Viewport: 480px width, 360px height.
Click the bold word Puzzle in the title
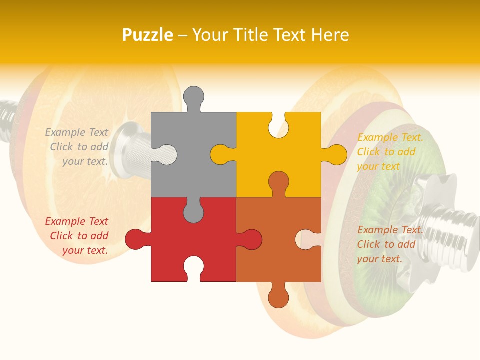point(147,35)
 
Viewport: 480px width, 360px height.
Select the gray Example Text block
point(78,147)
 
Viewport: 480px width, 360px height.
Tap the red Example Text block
point(78,236)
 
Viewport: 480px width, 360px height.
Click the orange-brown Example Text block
point(390,244)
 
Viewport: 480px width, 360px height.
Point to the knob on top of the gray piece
point(194,97)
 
